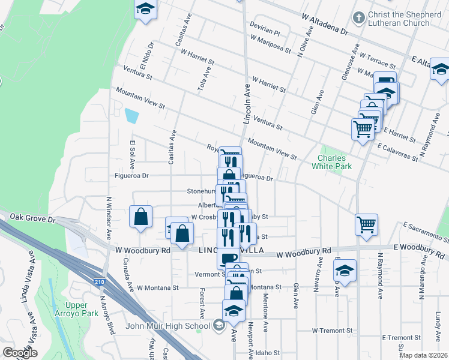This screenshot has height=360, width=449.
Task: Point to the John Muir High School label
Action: [x=168, y=326]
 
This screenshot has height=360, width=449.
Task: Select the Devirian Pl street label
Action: [x=266, y=28]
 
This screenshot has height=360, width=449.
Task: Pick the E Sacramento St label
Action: [x=426, y=232]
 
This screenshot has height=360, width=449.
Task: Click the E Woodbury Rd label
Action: [x=420, y=247]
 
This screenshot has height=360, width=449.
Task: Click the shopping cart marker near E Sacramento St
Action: [x=366, y=224]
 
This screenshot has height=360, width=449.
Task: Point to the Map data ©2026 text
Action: [x=423, y=355]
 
